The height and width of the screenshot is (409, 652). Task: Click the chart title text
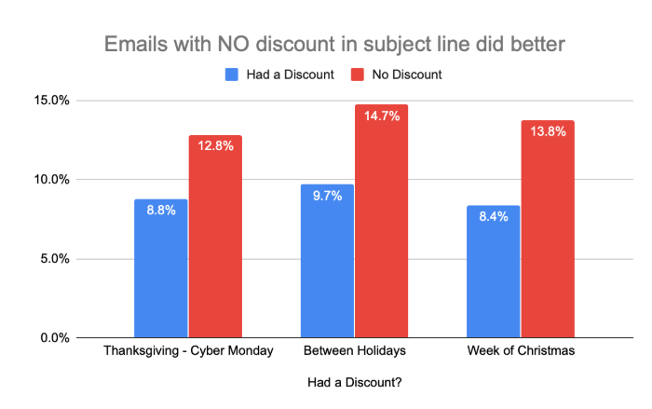click(x=326, y=44)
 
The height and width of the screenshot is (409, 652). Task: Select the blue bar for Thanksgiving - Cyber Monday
click(x=161, y=270)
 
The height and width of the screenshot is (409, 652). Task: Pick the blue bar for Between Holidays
click(x=327, y=266)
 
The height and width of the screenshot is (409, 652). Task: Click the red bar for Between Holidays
click(x=381, y=224)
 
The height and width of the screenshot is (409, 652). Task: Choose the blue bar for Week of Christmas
click(x=494, y=275)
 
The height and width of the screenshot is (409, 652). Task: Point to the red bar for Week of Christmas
click(x=548, y=233)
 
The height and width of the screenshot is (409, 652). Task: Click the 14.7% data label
click(x=381, y=116)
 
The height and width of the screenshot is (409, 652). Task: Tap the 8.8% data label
click(x=161, y=210)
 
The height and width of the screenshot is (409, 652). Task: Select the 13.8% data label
click(x=548, y=131)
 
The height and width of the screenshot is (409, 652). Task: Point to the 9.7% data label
click(x=327, y=196)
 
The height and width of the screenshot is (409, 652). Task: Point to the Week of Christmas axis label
click(x=521, y=352)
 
